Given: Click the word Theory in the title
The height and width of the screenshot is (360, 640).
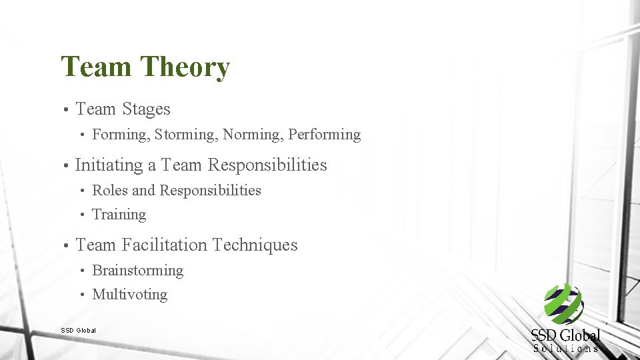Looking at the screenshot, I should (185, 68).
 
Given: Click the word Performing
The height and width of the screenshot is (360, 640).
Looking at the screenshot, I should (325, 135).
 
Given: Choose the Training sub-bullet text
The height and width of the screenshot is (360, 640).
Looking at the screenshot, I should (119, 215).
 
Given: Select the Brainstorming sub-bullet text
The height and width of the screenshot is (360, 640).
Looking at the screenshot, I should (137, 271).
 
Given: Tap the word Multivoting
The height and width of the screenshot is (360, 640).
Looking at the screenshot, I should (129, 295).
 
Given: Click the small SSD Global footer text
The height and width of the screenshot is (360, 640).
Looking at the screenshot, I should (78, 330).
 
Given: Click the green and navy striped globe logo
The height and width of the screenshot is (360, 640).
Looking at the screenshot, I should (563, 305).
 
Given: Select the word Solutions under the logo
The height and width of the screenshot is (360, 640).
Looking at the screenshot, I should (566, 348).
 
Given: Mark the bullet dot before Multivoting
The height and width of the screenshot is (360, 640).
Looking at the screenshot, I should (81, 295).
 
